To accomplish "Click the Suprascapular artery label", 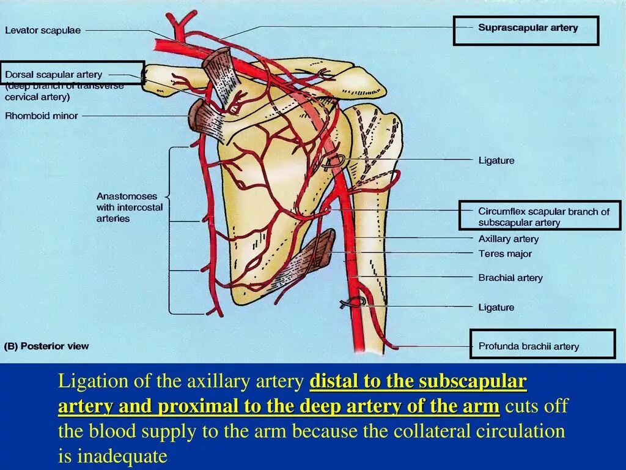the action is coord(528,28).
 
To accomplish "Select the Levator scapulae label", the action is coord(43,30).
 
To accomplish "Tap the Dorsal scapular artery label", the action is coord(54,75).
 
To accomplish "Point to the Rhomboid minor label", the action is coord(42,115).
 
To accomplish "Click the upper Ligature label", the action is coord(496,160).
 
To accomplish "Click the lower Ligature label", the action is coord(496,307).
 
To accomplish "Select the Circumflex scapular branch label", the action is coord(543,217).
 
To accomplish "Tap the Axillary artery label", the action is coord(508,239).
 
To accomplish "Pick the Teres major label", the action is coord(505,253).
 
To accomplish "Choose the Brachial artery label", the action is coord(510,278).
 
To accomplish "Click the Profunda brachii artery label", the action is coord(528,346).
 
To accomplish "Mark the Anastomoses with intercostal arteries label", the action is coord(130,207).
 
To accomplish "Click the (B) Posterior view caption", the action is coord(47,346).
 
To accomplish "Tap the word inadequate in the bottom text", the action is coord(122,457).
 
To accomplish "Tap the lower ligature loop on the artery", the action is coord(356,302).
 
